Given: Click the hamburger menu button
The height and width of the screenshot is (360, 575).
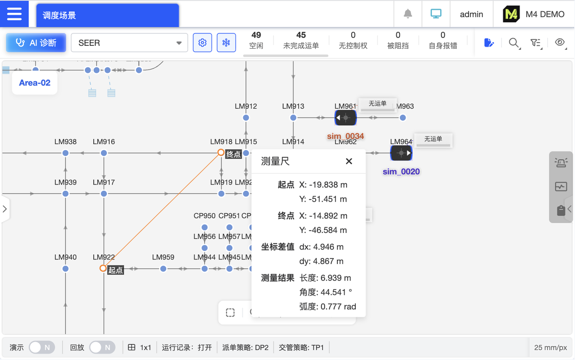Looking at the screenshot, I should coord(14,14).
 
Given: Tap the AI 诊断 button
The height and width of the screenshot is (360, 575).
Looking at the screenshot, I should coord(36,43).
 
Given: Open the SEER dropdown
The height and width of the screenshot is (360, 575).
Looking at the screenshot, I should coord(129,43).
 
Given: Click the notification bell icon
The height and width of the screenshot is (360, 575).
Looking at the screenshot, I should coord(408,14).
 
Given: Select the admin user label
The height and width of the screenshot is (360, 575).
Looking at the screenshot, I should coord(471,14).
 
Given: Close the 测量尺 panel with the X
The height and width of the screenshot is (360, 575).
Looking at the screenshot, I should coord(349,162).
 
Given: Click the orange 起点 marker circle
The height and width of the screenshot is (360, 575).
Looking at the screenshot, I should coord(103,268).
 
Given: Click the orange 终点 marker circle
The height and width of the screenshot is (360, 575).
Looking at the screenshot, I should coord(221,153).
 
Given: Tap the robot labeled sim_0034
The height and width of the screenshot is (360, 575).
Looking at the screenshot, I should coord(345,118).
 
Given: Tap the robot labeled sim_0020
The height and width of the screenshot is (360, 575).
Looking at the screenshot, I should coord(401,153).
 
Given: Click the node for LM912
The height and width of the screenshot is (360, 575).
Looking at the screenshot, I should coord(246,118).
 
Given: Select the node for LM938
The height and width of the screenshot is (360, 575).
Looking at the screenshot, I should coord(66,153).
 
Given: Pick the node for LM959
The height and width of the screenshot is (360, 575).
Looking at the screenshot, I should coord(163,268).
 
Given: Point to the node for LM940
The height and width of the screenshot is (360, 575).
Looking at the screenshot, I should coord(66,268).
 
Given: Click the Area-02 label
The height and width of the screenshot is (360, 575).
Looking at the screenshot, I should coord(35,83).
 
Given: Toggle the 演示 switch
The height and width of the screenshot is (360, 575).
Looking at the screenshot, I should coord(42,347).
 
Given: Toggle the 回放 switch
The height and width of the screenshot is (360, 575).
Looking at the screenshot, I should coord(102,347).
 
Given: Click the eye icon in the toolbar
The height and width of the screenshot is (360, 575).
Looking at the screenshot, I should coord(560,43).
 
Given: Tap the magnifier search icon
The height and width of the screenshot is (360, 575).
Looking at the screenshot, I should coord(513,43).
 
